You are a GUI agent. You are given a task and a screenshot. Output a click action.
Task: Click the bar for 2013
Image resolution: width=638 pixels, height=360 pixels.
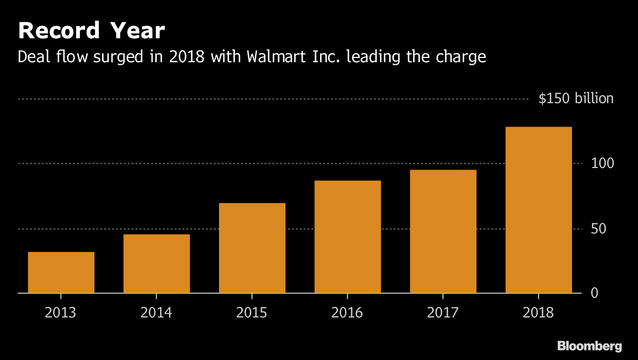coord(61,272)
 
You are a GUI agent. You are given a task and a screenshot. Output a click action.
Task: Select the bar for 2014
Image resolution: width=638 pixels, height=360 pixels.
coord(156,264)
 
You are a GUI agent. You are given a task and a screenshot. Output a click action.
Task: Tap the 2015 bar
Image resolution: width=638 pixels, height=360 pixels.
coord(252,248)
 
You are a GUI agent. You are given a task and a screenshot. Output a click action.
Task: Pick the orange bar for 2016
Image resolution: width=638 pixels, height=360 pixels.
coord(348,237)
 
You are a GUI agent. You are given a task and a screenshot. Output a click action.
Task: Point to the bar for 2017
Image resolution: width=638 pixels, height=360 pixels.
coord(443,231)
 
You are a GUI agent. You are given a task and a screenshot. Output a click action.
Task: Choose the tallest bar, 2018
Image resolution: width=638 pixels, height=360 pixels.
coord(539,210)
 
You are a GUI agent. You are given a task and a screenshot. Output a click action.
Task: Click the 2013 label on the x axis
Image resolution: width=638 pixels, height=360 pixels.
coord(61,312)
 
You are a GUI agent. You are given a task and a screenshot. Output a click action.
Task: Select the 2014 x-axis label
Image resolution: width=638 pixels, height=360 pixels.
coord(156,312)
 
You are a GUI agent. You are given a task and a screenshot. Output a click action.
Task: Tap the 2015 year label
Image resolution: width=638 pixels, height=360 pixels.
coord(252,312)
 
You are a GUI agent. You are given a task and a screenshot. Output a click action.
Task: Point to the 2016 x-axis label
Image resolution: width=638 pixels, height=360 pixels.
coord(347,312)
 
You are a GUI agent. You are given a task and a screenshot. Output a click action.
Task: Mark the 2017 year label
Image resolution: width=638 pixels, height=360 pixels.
coord(443,312)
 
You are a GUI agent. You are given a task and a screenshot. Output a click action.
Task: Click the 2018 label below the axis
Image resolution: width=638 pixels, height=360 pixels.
coord(538,312)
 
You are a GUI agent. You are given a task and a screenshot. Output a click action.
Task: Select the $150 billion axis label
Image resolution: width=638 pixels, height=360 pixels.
coord(576,99)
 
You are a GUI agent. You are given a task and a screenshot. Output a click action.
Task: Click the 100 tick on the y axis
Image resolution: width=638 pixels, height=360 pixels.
coord(602,163)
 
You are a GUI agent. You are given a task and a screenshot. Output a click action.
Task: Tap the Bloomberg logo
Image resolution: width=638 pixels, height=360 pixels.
coord(589,346)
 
